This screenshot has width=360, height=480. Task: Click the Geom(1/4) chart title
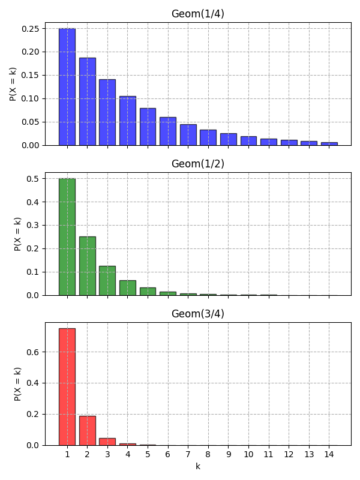[x=197, y=14]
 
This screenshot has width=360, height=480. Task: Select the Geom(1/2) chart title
[x=197, y=164]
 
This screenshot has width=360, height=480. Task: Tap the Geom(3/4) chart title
[x=197, y=314]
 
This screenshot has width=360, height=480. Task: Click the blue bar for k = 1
[x=67, y=87]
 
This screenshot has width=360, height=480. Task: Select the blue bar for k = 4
[x=128, y=121]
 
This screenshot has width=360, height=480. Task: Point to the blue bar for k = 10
[x=248, y=141]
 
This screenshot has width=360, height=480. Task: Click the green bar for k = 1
[x=67, y=237]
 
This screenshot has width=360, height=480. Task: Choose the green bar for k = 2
[x=88, y=266]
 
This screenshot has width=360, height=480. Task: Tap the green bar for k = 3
[x=107, y=281]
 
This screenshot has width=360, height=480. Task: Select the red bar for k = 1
[x=67, y=387]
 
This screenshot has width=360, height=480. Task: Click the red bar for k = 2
[x=88, y=431]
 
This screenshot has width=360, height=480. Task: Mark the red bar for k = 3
[x=107, y=442]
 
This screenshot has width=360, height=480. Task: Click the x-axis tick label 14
[x=329, y=455]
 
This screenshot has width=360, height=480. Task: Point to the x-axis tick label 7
[x=188, y=455]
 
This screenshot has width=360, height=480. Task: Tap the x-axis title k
[x=197, y=466]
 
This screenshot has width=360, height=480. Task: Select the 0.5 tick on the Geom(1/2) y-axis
[x=33, y=179]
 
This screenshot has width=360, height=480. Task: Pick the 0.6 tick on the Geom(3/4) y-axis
[x=33, y=352]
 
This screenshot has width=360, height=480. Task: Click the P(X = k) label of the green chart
[x=18, y=234]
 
